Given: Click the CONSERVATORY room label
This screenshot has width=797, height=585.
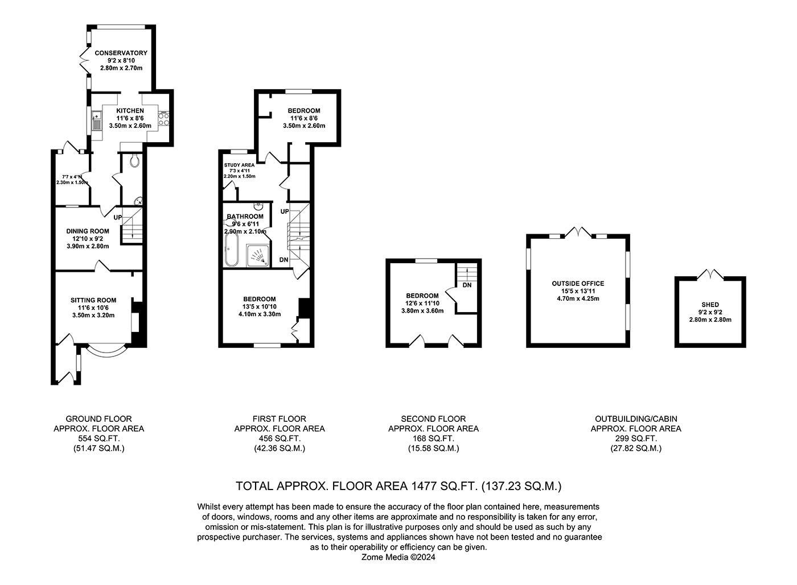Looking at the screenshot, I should (x=121, y=53).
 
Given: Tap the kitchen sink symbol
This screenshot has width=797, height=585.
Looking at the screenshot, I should (x=96, y=121).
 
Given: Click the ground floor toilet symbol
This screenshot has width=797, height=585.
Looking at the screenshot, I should (x=134, y=161).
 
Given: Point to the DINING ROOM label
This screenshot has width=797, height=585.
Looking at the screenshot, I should (x=88, y=231).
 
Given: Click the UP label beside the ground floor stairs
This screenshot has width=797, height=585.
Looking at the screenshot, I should (x=117, y=217).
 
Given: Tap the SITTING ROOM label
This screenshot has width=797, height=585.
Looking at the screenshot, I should (x=93, y=300).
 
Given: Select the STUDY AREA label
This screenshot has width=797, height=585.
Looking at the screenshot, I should (x=239, y=165).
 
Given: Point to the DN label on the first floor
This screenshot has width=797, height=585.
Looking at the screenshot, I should (x=284, y=260).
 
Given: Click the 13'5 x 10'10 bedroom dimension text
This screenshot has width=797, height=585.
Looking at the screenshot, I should (x=260, y=306).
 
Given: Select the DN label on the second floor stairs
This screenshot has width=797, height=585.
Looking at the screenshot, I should (x=467, y=285).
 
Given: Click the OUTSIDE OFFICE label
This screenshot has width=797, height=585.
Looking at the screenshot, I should (x=578, y=283).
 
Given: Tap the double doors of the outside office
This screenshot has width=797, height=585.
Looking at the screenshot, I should (x=578, y=232).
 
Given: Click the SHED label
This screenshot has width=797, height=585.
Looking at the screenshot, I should (x=710, y=305).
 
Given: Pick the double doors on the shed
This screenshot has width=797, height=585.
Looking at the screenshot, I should (x=710, y=275).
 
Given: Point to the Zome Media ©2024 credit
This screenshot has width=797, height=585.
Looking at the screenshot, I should (x=398, y=558).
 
